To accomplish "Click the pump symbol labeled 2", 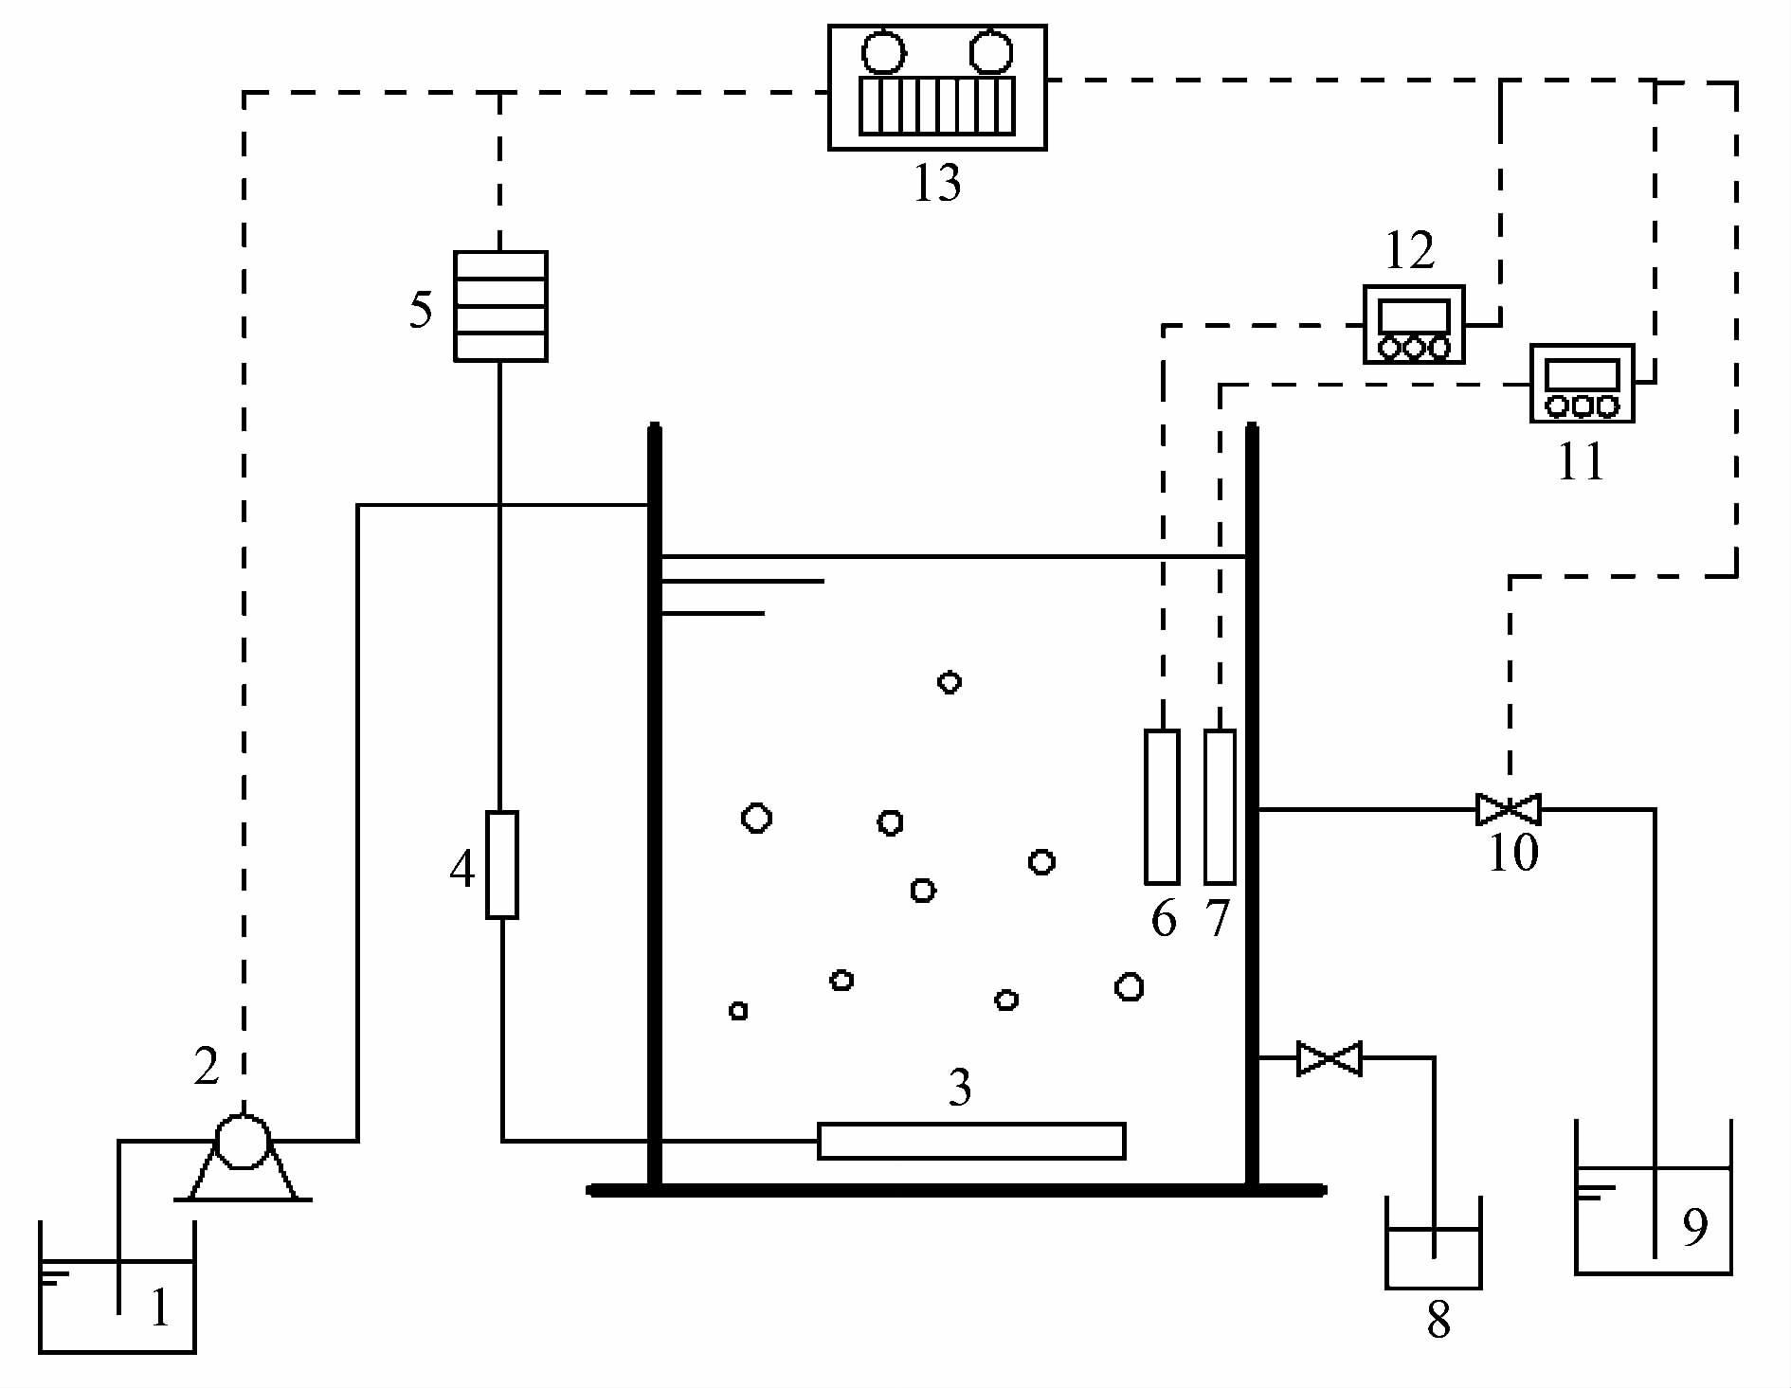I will tap(244, 1143).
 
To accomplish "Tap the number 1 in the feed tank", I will tap(160, 1308).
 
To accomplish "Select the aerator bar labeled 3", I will tap(971, 1141).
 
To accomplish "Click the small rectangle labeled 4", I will tap(502, 865).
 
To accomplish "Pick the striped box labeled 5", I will tap(500, 306).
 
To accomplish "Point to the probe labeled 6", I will tap(1163, 806).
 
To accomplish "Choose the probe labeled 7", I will tap(1221, 806).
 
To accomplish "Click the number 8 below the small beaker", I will tap(1438, 1321).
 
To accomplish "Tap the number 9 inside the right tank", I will tap(1695, 1228).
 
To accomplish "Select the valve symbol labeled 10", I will tap(1509, 810).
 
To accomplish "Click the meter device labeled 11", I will tap(1582, 383).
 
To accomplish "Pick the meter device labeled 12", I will tap(1414, 324).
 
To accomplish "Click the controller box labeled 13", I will tap(937, 87).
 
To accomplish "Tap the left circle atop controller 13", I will tap(884, 51).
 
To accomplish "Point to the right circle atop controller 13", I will tap(990, 51).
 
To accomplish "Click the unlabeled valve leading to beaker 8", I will tap(1330, 1058).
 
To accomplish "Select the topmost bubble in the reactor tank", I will tap(950, 682).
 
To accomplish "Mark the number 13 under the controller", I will tap(937, 183).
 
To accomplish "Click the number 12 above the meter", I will tap(1410, 252).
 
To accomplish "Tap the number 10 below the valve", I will tap(1513, 853).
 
